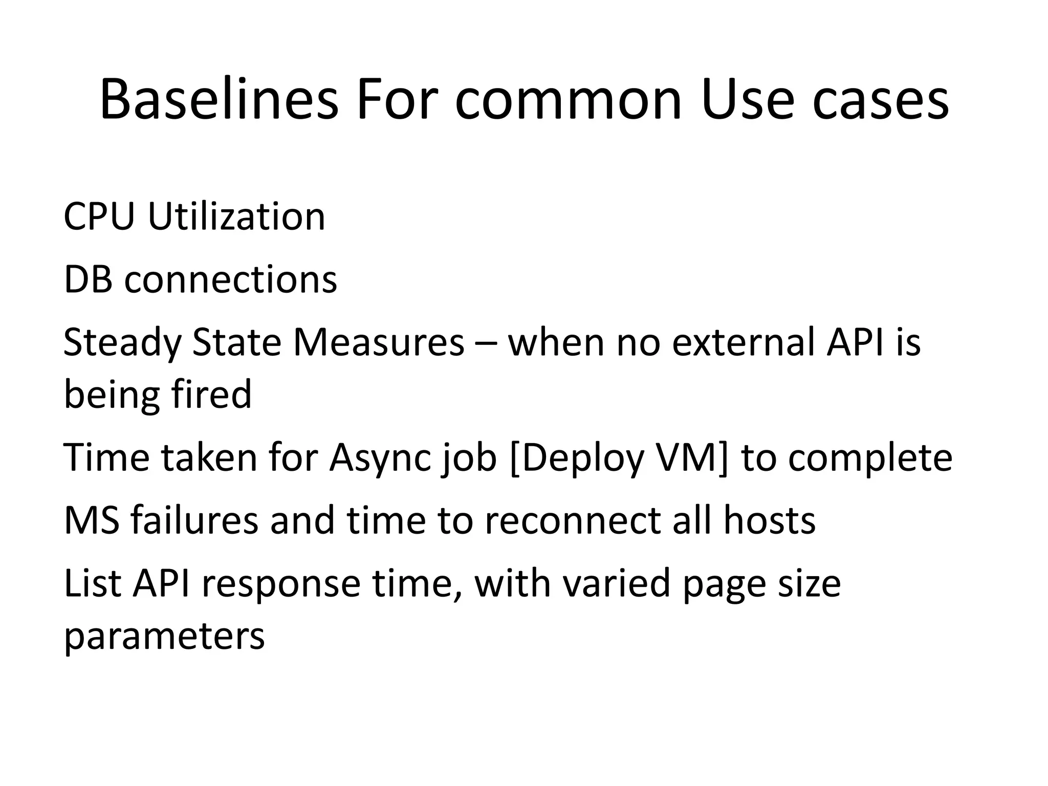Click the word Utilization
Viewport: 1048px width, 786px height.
pos(236,216)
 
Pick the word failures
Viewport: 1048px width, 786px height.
pos(194,520)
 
